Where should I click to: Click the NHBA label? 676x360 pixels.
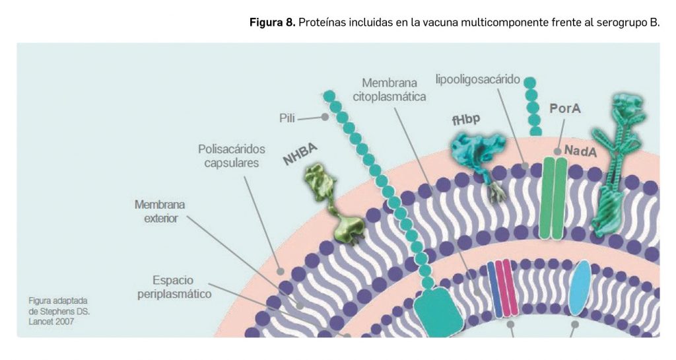tap(300, 154)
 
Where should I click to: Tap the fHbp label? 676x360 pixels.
tap(466, 119)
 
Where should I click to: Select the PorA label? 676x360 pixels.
tap(565, 108)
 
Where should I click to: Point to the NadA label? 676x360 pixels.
tap(580, 151)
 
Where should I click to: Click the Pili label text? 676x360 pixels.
tap(287, 118)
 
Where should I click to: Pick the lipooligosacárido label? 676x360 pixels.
tap(477, 80)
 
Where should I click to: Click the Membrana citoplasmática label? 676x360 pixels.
tap(389, 90)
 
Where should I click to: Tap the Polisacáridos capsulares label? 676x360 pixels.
tap(232, 156)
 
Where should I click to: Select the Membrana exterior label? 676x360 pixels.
tap(160, 211)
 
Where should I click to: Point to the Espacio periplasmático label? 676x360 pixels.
tap(174, 287)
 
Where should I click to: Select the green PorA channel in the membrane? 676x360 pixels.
tap(553, 198)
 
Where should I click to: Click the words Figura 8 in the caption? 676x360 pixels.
tap(273, 22)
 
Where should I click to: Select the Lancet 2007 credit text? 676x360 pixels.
tap(51, 322)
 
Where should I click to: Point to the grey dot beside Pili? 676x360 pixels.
tap(325, 117)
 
